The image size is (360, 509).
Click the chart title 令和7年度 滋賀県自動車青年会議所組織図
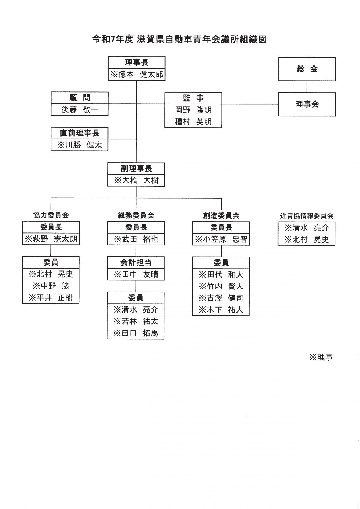pyautogui.click(x=179, y=39)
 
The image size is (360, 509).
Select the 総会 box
pyautogui.click(x=307, y=69)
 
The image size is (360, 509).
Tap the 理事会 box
pyautogui.click(x=307, y=104)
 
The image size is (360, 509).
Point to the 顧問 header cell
pyautogui.click(x=80, y=98)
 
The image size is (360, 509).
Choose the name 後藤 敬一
pyautogui.click(x=80, y=109)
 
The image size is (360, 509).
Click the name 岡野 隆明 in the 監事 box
pyautogui.click(x=193, y=110)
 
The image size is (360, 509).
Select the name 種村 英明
pyautogui.click(x=193, y=121)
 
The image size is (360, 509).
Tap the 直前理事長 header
pyautogui.click(x=80, y=133)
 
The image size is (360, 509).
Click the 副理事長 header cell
pyautogui.click(x=136, y=169)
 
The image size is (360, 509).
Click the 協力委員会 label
pyautogui.click(x=51, y=215)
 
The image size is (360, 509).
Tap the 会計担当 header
pyautogui.click(x=136, y=262)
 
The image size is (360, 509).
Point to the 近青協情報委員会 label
pyautogui.click(x=307, y=216)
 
